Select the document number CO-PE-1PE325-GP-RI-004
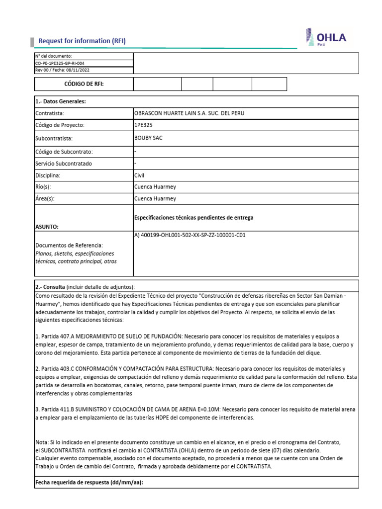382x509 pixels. click(59, 63)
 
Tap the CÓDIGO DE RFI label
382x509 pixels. click(84, 84)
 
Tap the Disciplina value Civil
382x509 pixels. click(139, 175)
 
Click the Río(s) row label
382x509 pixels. click(43, 187)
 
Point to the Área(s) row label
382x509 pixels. click(45, 199)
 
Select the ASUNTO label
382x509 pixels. click(47, 226)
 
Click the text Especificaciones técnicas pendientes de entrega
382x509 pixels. click(193, 217)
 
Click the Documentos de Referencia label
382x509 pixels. click(69, 246)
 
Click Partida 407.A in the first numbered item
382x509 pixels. click(57, 337)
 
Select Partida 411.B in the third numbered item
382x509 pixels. click(57, 410)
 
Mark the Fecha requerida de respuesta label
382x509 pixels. click(89, 482)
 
